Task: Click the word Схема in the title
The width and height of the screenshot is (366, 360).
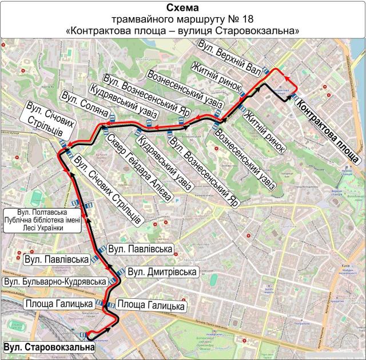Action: (x=182, y=8)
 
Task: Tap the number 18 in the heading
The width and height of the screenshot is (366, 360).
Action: (x=256, y=19)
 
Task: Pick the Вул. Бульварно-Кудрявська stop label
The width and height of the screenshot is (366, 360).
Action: (x=55, y=282)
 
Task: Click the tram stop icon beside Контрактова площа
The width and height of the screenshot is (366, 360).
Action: (x=293, y=98)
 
